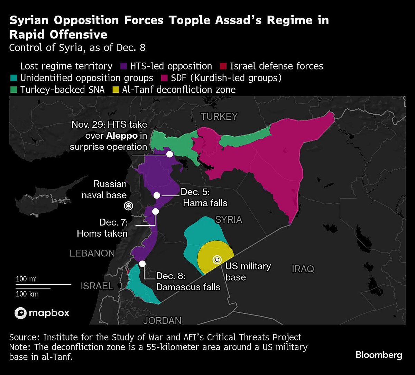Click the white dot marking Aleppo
169,154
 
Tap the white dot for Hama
157,195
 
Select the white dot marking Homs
155,211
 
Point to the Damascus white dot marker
142,264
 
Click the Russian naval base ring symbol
128,206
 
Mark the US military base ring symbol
217,259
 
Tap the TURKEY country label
219,117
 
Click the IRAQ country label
303,269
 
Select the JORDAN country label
162,321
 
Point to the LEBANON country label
92,253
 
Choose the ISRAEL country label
97,286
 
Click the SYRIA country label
229,219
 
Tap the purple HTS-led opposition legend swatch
124,66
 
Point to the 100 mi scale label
26,279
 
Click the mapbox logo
42,313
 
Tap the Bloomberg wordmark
379,355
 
